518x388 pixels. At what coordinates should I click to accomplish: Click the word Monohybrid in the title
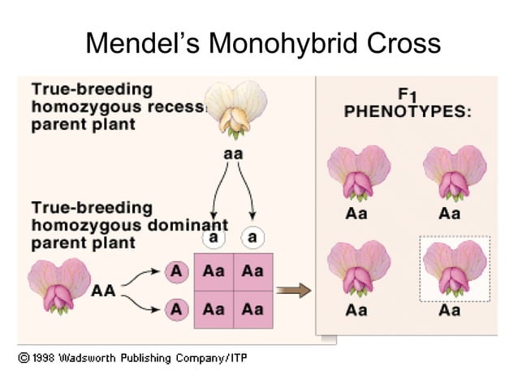click(x=272, y=43)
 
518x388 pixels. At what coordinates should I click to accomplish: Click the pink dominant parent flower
click(x=59, y=285)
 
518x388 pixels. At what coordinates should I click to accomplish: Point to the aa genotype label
click(x=232, y=153)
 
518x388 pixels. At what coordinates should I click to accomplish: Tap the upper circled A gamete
click(x=175, y=271)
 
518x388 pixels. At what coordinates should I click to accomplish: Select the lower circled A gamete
click(x=175, y=309)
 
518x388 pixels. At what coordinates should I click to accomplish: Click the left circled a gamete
click(x=214, y=238)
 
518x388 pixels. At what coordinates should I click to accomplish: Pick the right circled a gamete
click(x=253, y=238)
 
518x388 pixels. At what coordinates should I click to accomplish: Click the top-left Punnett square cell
click(x=214, y=271)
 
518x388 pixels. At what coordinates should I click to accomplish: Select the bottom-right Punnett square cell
click(x=253, y=309)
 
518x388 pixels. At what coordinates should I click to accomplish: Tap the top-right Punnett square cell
click(x=253, y=271)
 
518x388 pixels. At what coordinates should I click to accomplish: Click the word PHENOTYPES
click(x=408, y=111)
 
